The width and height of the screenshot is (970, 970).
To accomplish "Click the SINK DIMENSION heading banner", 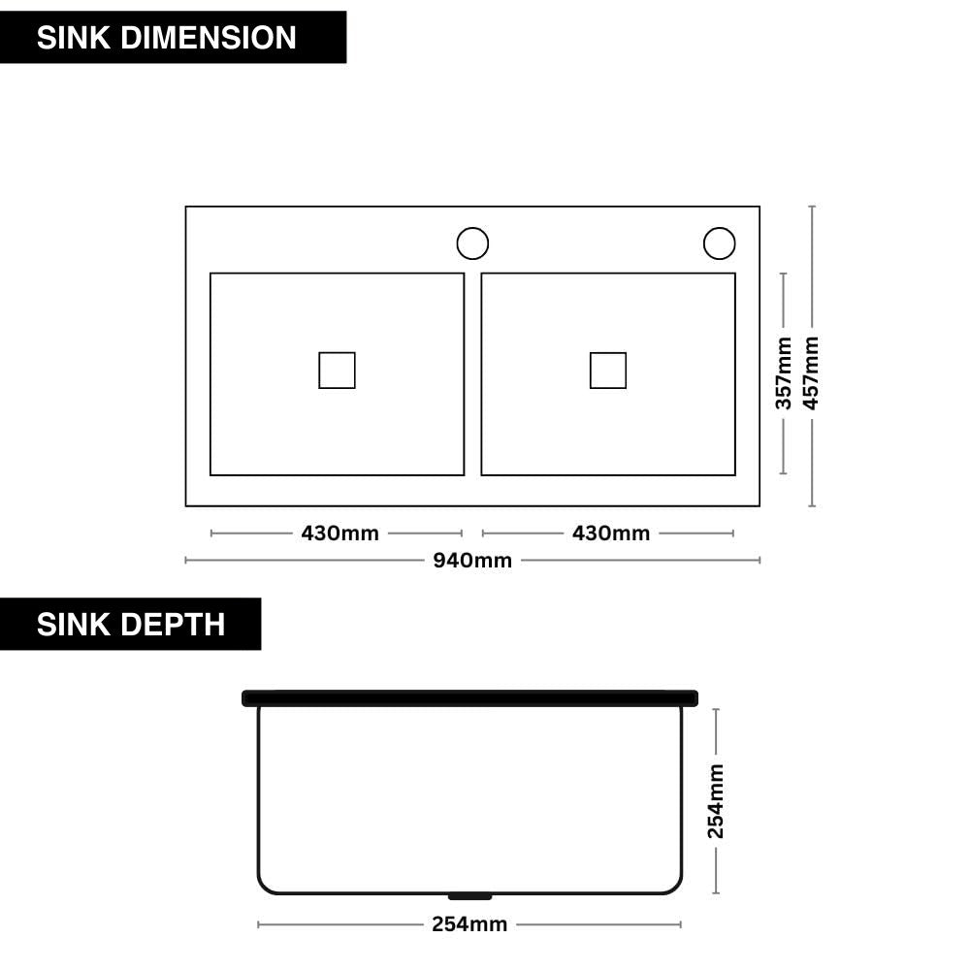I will [x=173, y=37].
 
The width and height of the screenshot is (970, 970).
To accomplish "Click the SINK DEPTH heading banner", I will [x=130, y=624].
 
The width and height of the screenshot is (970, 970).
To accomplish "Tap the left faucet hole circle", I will [x=472, y=243].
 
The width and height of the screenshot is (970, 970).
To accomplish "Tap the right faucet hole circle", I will [x=719, y=243].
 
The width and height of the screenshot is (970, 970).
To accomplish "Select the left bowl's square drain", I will [x=337, y=370].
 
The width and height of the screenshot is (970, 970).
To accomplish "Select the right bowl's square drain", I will [x=608, y=370].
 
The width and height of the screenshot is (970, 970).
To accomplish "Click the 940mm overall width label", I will [x=472, y=561].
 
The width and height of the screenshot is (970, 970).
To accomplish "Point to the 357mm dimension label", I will [x=784, y=373].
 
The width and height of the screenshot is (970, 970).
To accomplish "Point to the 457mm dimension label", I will [x=811, y=373].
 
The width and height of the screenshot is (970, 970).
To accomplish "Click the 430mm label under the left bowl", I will [x=339, y=533].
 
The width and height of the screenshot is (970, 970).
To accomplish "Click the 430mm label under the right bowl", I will [x=611, y=533].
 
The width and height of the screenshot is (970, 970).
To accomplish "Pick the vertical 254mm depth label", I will [x=716, y=801].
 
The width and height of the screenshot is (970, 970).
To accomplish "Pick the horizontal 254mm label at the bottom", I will [x=469, y=924].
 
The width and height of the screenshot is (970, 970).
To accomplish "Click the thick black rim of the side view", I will [x=469, y=697].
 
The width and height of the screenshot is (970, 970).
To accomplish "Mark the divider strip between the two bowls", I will [x=472, y=373].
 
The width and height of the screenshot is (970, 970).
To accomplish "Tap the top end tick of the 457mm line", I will [x=812, y=207].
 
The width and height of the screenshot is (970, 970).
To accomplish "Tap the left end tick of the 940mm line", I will [x=186, y=560].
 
